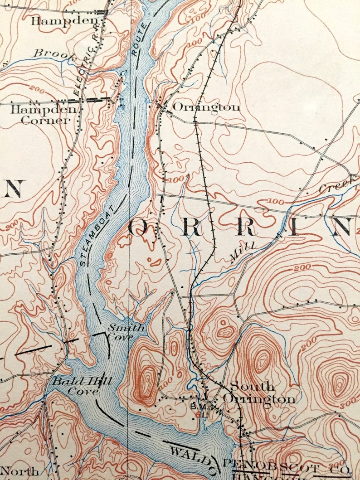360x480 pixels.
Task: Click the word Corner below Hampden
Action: [x=45, y=121]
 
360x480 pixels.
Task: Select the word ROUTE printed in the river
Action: [x=140, y=39]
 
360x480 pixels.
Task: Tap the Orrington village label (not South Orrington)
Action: [x=206, y=107]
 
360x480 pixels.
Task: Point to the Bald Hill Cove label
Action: [x=82, y=386]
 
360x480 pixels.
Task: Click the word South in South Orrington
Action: [x=252, y=387]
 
